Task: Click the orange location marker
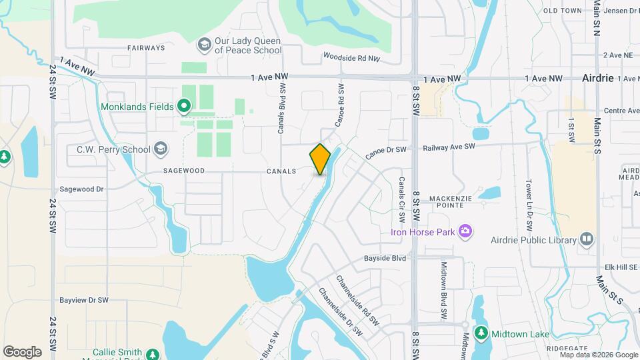320,159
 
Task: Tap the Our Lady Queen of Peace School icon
204,45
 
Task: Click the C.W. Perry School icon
160,149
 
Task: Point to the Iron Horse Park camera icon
465,232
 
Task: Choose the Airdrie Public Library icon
587,239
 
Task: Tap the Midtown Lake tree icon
481,333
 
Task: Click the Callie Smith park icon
153,355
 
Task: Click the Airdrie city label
597,78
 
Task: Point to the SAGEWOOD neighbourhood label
183,171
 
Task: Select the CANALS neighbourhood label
280,171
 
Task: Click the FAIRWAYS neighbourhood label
146,48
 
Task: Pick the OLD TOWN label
563,11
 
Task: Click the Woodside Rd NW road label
351,59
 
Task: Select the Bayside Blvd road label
385,257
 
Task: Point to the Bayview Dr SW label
84,300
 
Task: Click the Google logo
22,352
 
